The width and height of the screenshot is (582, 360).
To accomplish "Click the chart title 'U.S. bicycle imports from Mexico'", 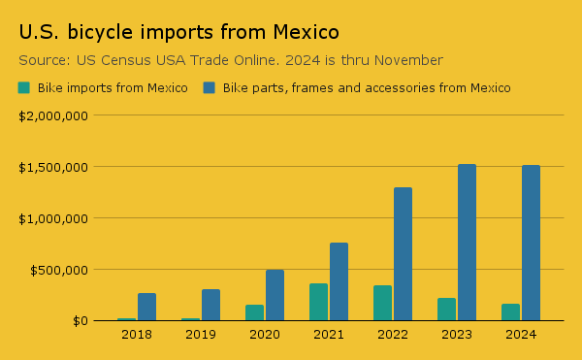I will click(x=178, y=32).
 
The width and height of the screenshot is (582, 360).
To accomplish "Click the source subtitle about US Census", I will click(x=231, y=60).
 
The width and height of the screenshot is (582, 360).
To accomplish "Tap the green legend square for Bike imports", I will click(x=24, y=88).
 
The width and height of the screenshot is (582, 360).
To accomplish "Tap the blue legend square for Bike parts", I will click(x=209, y=88).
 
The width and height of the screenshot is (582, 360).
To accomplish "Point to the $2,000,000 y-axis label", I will click(x=54, y=115).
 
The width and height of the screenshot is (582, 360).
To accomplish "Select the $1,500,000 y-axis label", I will click(x=54, y=167).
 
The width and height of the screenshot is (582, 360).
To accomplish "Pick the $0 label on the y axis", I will click(x=79, y=321).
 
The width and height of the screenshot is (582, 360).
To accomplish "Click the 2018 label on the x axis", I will click(x=137, y=335).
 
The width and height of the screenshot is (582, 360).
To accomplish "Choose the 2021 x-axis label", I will click(x=329, y=335).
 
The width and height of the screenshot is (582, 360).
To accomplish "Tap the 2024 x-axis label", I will click(x=521, y=335).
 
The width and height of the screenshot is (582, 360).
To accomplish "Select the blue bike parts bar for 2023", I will click(x=467, y=243).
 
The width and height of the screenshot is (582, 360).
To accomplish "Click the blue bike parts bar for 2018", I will click(x=146, y=307).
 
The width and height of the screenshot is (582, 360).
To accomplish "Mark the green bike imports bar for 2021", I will click(x=318, y=302).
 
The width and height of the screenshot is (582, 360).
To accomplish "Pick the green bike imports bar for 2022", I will click(x=382, y=303).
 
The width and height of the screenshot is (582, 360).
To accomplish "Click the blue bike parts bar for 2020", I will click(x=275, y=295).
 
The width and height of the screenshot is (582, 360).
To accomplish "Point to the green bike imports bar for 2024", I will click(x=510, y=312).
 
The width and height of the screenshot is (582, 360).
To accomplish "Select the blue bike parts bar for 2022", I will click(x=403, y=254).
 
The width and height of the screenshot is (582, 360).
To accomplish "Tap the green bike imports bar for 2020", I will click(x=254, y=312).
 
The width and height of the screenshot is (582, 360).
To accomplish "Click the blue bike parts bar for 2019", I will click(x=210, y=305).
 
